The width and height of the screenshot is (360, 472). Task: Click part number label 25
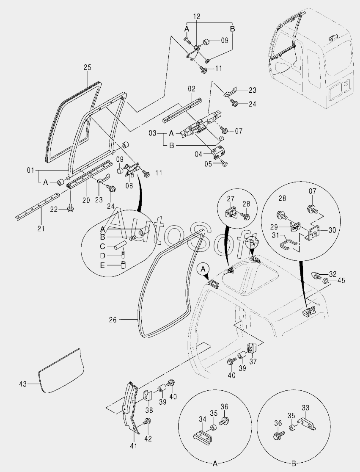pyautogui.click(x=87, y=67)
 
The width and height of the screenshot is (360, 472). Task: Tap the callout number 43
pyautogui.click(x=23, y=384)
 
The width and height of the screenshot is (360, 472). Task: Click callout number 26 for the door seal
pyautogui.click(x=113, y=320)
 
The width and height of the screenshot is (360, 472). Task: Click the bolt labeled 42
pyautogui.click(x=147, y=422)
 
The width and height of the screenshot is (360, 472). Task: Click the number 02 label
pyautogui.click(x=192, y=89)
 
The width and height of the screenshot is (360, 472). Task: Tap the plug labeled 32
pyautogui.click(x=316, y=276)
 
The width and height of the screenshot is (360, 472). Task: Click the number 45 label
pyautogui.click(x=341, y=280)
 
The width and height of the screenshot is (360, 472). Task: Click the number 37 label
pyautogui.click(x=253, y=361)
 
